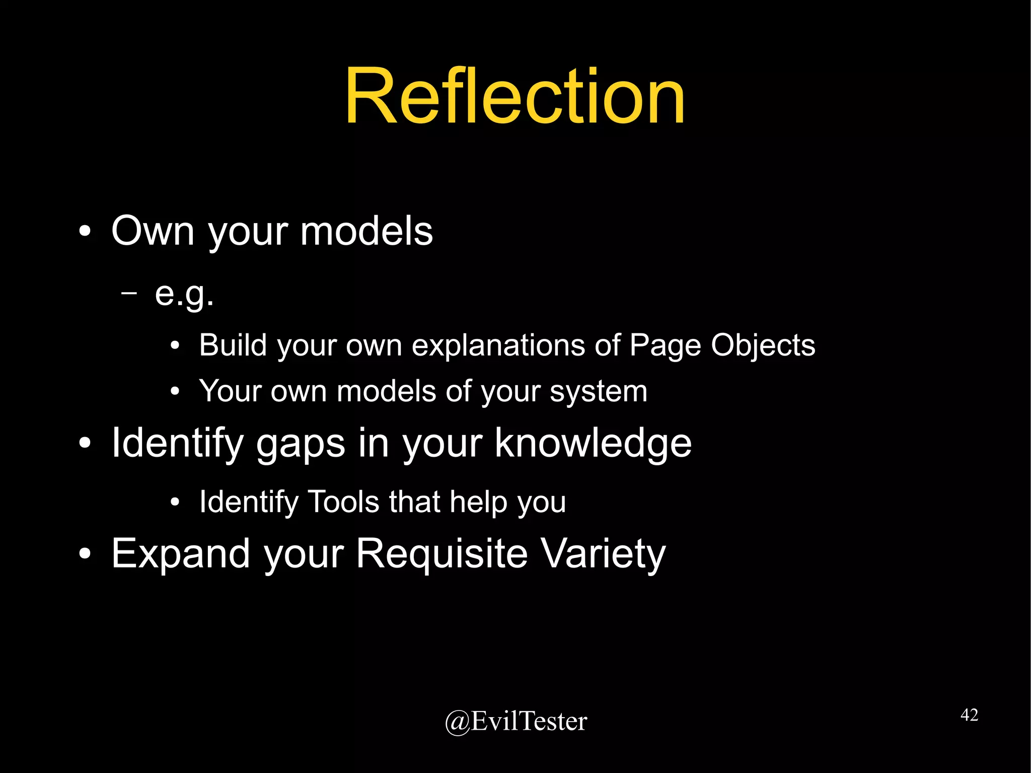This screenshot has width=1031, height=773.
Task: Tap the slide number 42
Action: [969, 715]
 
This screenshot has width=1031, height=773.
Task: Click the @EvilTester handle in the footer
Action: [516, 721]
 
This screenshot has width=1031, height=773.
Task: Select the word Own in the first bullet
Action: [153, 231]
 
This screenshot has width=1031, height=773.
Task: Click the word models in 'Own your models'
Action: [366, 231]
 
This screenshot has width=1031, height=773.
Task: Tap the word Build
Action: [233, 345]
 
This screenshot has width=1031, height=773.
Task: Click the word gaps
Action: [301, 444]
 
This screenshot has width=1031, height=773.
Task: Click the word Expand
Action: [181, 554]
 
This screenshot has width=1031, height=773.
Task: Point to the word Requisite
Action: [442, 554]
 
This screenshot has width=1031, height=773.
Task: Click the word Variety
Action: [603, 554]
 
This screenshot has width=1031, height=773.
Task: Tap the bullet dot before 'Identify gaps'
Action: [85, 444]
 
